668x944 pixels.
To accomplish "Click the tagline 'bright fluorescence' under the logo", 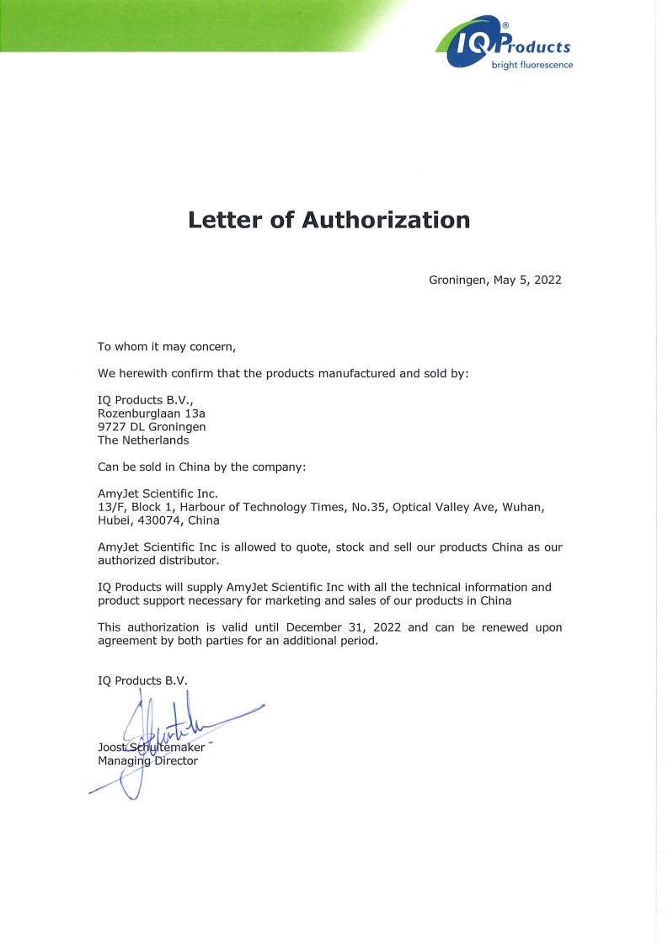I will pos(532,65).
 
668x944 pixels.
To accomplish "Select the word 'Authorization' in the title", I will pos(386,220).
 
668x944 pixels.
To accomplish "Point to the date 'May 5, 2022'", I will pos(526,280).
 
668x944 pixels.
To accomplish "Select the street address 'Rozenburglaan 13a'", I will pos(152,413).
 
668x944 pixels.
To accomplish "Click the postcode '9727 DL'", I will pos(124,427).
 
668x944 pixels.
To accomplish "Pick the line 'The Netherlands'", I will pos(143,440).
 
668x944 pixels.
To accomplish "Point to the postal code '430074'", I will pos(160,520).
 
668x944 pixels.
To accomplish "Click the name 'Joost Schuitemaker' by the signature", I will pos(151,748).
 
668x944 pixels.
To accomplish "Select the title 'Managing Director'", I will pos(147,761).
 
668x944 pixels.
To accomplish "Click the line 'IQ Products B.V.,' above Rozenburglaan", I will pos(144,400).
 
